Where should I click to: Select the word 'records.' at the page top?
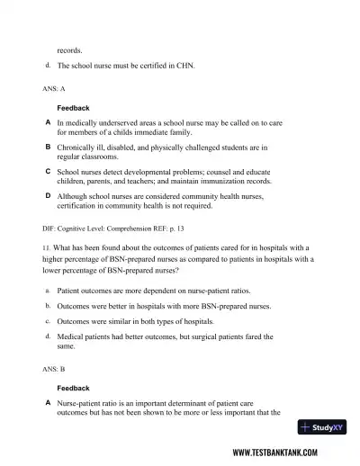(69, 50)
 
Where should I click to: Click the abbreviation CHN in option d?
(181, 66)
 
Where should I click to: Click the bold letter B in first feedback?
(48, 145)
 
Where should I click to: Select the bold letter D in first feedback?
(48, 194)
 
